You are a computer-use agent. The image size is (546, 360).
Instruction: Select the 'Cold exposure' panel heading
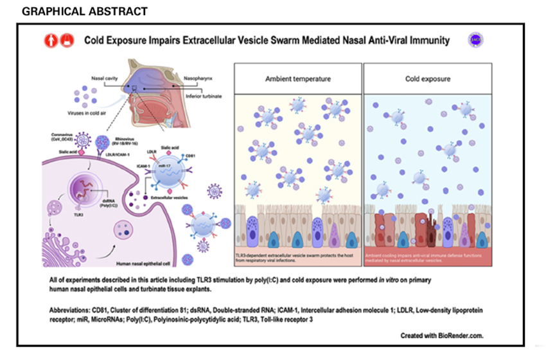pos(427,79)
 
